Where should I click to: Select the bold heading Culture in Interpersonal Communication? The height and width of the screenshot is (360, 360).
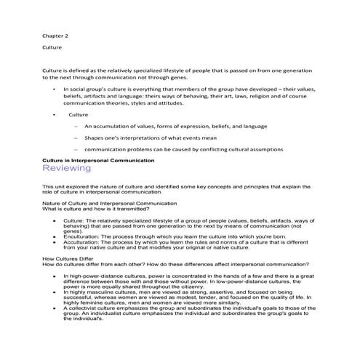coord(99,159)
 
